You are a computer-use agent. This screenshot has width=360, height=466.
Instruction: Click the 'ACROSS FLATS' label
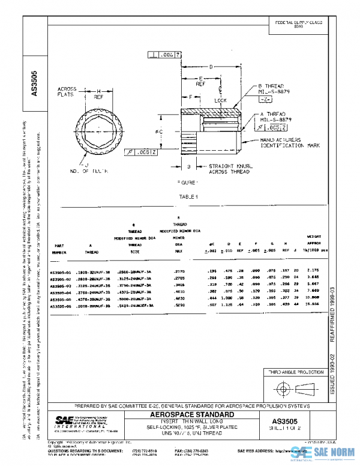[67, 91]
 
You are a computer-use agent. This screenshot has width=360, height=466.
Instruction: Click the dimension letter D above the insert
[211, 67]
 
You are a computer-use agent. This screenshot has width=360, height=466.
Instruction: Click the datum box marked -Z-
[268, 98]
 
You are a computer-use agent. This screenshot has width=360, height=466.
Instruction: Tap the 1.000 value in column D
[226, 298]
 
